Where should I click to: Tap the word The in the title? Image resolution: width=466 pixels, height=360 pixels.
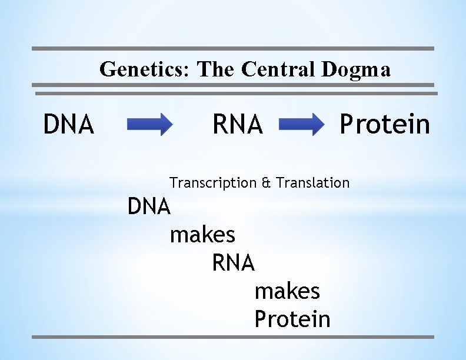214,69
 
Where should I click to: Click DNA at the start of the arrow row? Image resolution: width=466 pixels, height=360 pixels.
69,125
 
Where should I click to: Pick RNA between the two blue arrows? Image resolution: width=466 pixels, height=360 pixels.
238,125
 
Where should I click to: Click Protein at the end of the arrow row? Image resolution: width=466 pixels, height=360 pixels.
385,125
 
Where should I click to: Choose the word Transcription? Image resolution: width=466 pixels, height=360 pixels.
213,183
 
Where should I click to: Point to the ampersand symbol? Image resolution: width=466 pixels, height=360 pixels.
266,183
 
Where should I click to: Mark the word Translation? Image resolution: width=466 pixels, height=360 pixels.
312,183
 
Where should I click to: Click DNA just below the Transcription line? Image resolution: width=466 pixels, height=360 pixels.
149,206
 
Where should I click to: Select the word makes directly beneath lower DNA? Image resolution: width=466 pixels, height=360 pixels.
202,235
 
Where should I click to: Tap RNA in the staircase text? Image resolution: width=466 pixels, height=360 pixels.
233,263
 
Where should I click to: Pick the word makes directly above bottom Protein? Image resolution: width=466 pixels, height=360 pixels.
287,291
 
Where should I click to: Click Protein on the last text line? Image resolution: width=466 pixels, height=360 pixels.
292,319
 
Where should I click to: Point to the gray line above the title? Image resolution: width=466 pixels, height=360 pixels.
232,48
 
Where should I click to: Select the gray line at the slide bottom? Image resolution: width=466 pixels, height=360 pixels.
232,337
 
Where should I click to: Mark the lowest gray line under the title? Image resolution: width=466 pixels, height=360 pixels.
237,93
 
